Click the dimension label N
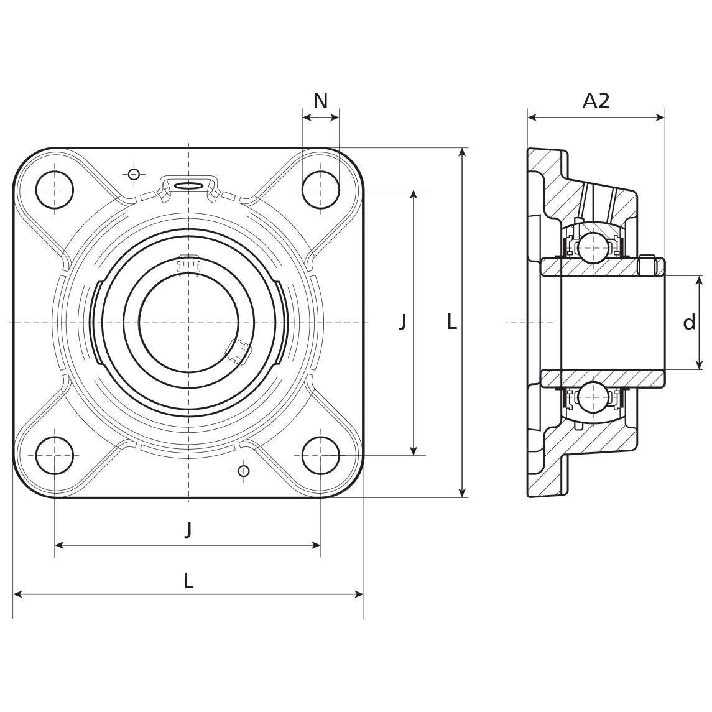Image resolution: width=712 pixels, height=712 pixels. pyautogui.click(x=320, y=101)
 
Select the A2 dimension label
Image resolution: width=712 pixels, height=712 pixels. pyautogui.click(x=596, y=101)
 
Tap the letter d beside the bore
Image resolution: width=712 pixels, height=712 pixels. pyautogui.click(x=689, y=323)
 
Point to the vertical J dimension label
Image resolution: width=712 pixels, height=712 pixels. pyautogui.click(x=402, y=321)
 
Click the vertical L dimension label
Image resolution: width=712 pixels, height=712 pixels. pyautogui.click(x=452, y=321)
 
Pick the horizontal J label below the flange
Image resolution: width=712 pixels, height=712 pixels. pyautogui.click(x=188, y=530)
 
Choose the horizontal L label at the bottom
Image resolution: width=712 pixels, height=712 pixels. pyautogui.click(x=188, y=581)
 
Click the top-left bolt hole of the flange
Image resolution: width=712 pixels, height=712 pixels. pyautogui.click(x=55, y=190)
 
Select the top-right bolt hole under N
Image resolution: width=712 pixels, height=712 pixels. pyautogui.click(x=321, y=190)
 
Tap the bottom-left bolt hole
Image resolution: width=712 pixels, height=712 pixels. pyautogui.click(x=55, y=455)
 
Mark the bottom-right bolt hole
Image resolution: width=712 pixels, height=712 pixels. pyautogui.click(x=321, y=455)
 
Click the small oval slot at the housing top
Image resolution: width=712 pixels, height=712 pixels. pyautogui.click(x=188, y=185)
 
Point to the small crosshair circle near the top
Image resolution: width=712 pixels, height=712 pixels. pyautogui.click(x=133, y=174)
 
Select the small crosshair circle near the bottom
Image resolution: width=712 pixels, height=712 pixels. pyautogui.click(x=244, y=471)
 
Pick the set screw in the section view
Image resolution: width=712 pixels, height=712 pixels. pyautogui.click(x=647, y=266)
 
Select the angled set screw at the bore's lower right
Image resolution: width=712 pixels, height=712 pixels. pyautogui.click(x=238, y=352)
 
